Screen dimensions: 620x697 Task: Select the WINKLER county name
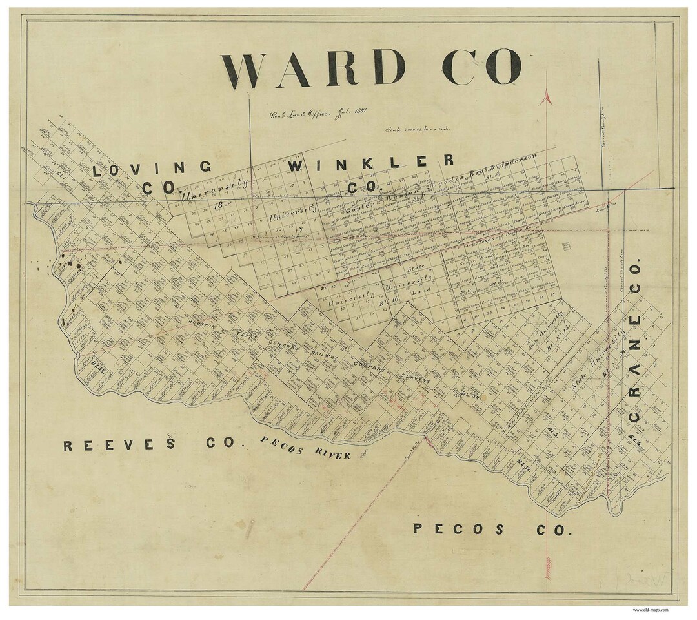(370, 163)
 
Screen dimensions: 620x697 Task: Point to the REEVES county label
(120, 444)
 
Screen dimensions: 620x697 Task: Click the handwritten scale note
(418, 129)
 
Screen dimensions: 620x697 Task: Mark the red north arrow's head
(547, 97)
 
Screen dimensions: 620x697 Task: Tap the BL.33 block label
(98, 366)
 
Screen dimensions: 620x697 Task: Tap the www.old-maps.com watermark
(650, 609)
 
